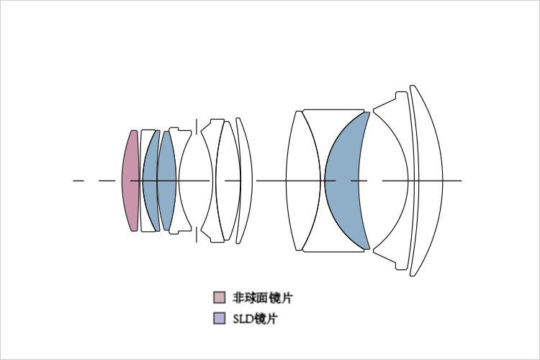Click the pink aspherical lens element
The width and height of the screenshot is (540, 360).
click(x=130, y=181)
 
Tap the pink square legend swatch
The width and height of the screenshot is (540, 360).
click(x=220, y=297)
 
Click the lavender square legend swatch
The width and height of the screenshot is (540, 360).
click(x=220, y=318)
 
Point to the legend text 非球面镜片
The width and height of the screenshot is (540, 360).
click(x=263, y=297)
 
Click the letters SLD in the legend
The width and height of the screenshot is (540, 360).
click(x=244, y=319)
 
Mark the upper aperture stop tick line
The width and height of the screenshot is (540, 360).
click(x=197, y=127)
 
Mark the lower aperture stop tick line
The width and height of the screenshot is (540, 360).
click(x=197, y=235)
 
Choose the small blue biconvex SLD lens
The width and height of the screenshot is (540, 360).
click(x=167, y=181)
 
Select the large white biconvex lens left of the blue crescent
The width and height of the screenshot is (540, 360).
click(x=303, y=181)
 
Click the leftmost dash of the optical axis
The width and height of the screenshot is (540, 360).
click(x=78, y=181)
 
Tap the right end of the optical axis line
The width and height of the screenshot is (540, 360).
click(x=462, y=181)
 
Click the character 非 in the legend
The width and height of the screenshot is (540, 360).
click(x=238, y=297)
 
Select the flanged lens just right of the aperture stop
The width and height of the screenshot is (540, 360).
click(x=212, y=181)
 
